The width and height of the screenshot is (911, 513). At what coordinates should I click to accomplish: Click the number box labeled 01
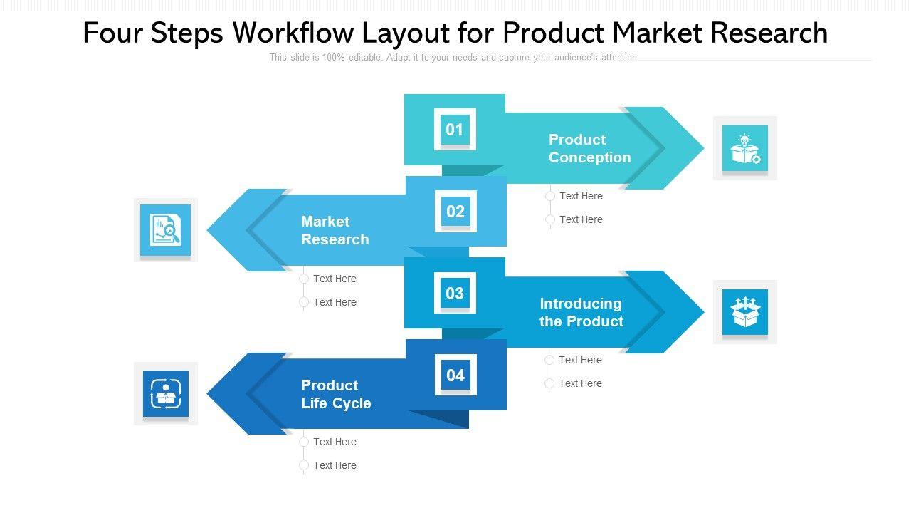455,129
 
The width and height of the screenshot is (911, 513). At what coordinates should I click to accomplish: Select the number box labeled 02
455,211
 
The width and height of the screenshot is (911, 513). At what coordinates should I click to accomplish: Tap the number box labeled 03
455,293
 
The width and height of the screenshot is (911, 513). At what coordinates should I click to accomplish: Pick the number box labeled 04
455,375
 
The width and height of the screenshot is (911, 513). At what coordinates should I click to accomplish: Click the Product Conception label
589,148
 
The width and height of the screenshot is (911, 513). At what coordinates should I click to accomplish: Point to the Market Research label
335,230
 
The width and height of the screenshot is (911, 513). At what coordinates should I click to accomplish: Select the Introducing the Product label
581,312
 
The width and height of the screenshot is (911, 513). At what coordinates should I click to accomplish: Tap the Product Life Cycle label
336,394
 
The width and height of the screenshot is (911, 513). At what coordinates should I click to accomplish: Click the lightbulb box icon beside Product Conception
745,148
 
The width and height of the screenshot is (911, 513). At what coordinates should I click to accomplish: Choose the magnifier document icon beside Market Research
166,229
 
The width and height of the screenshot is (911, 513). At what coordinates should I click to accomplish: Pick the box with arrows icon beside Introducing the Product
745,312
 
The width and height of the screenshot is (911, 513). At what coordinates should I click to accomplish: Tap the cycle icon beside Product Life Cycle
166,393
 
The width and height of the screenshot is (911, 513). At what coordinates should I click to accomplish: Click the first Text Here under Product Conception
581,196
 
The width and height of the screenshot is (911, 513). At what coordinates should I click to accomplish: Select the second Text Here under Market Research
335,302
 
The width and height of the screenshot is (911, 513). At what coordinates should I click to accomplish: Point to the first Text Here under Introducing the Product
580,360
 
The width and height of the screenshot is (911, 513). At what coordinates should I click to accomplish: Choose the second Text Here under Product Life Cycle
335,465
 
